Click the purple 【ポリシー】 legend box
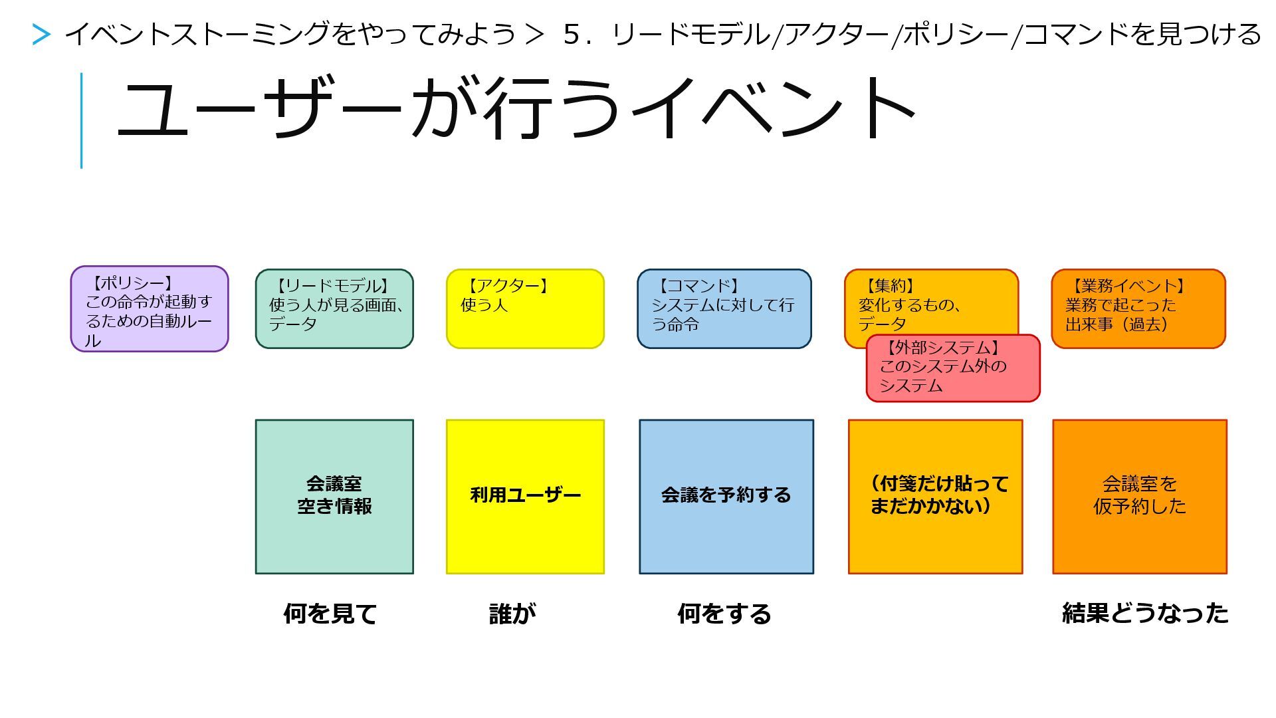pos(149,309)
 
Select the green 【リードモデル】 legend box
pos(334,308)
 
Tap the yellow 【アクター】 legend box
pos(525,308)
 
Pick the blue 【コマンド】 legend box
pos(724,308)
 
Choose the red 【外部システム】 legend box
pos(952,368)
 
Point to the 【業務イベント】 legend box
pos(1138,308)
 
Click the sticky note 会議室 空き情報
pos(334,496)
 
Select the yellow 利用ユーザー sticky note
pos(525,496)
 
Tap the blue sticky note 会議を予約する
pos(726,496)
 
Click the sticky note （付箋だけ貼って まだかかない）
pos(935,496)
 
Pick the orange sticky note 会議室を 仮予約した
pos(1139,496)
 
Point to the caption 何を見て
pos(330,613)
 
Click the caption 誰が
pos(512,613)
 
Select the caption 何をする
pos(724,613)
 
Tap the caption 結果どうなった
pos(1144,613)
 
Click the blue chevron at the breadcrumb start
pos(41,35)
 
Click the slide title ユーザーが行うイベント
pos(516,108)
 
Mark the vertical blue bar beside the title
pos(81,120)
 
